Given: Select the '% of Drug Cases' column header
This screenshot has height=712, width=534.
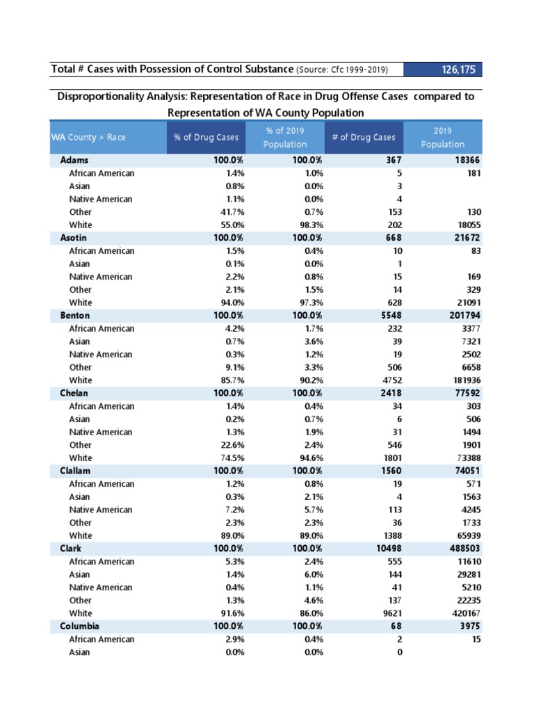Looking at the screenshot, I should [206, 137].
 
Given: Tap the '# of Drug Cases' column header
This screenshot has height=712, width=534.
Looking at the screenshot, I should [363, 137].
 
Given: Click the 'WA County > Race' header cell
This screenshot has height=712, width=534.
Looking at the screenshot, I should [88, 137].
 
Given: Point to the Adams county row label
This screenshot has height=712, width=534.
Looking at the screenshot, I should [74, 160].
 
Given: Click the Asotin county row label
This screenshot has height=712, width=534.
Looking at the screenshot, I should [74, 238].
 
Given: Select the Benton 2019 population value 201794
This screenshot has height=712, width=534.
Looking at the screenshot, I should [462, 316].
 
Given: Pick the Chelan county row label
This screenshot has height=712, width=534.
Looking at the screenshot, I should [74, 394].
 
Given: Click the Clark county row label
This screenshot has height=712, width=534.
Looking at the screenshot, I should [71, 549].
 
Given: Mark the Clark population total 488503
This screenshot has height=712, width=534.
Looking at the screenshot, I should [462, 549].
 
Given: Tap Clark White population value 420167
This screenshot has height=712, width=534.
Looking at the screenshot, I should [462, 613].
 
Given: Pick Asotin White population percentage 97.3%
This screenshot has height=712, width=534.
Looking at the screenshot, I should [311, 302].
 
